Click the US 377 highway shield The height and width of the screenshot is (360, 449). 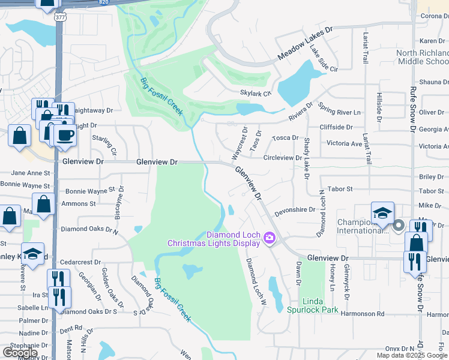61,17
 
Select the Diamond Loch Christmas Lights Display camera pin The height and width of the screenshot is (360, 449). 268,239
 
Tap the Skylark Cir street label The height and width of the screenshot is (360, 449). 256,94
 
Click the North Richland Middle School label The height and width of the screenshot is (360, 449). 423,58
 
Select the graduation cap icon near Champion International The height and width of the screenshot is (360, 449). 382,213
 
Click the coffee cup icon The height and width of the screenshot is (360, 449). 65,135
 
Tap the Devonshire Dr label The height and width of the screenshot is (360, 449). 295,210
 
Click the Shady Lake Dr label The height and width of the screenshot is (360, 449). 307,156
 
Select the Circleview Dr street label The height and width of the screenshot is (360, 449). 282,158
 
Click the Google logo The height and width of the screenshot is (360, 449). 20,353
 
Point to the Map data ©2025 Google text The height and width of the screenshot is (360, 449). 411,355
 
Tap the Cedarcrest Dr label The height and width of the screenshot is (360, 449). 80,262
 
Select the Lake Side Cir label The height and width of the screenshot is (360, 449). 324,58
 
